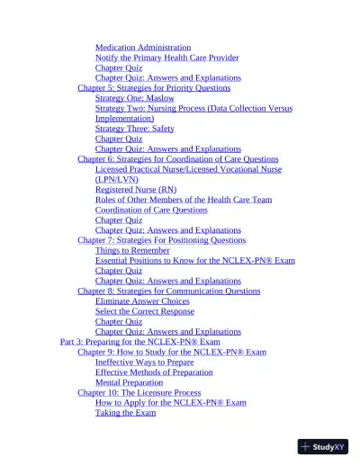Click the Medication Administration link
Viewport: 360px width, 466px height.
click(143, 48)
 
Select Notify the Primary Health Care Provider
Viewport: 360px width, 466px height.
click(167, 58)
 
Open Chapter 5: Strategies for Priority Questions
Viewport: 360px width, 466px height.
click(154, 88)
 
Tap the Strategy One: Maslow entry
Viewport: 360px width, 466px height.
click(135, 98)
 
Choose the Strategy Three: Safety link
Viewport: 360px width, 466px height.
click(135, 129)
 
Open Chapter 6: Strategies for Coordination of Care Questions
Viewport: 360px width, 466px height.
click(178, 159)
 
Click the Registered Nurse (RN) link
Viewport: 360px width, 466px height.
click(136, 190)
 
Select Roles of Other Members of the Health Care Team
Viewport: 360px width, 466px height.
click(184, 200)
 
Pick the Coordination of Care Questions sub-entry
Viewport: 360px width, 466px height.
click(151, 210)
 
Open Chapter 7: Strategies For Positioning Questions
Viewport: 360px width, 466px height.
click(161, 240)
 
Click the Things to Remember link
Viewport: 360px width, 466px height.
click(132, 250)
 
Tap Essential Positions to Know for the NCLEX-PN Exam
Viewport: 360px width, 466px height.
click(195, 260)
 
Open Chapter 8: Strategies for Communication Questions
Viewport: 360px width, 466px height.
click(169, 291)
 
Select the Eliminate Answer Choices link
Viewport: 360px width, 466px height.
click(142, 301)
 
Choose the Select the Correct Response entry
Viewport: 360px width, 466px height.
click(145, 311)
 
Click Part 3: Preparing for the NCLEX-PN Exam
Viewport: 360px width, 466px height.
click(139, 342)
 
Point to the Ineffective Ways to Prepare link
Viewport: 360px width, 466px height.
click(144, 362)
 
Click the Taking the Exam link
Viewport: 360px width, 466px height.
click(125, 413)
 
